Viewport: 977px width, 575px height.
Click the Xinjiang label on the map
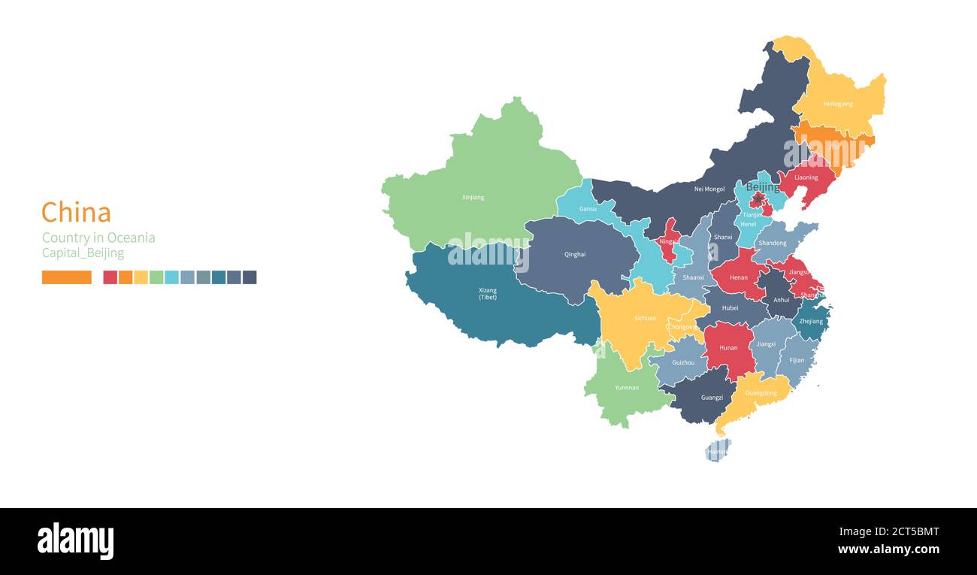click(x=473, y=198)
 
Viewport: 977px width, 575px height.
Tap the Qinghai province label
click(x=575, y=255)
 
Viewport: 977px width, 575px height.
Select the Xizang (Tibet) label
click(x=488, y=293)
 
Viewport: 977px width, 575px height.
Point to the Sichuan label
click(x=645, y=318)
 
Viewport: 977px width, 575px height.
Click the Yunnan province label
click(x=627, y=388)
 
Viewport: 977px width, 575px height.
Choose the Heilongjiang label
click(x=838, y=104)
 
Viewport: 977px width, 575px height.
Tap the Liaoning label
click(x=806, y=178)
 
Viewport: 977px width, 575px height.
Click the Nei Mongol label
click(x=709, y=189)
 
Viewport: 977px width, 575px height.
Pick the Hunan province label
click(x=728, y=348)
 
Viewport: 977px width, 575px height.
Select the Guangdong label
click(x=761, y=393)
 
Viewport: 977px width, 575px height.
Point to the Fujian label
click(x=797, y=360)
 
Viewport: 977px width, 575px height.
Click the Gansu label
click(x=588, y=208)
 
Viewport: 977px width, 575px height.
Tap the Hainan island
click(x=717, y=451)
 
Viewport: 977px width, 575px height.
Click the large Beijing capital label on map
click(x=763, y=187)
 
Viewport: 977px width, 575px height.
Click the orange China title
click(x=76, y=213)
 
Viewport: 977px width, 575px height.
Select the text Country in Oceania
click(x=98, y=238)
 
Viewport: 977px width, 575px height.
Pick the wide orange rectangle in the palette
click(x=67, y=277)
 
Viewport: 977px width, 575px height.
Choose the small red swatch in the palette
click(x=110, y=277)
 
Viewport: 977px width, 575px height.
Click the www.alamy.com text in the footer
click(x=888, y=549)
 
